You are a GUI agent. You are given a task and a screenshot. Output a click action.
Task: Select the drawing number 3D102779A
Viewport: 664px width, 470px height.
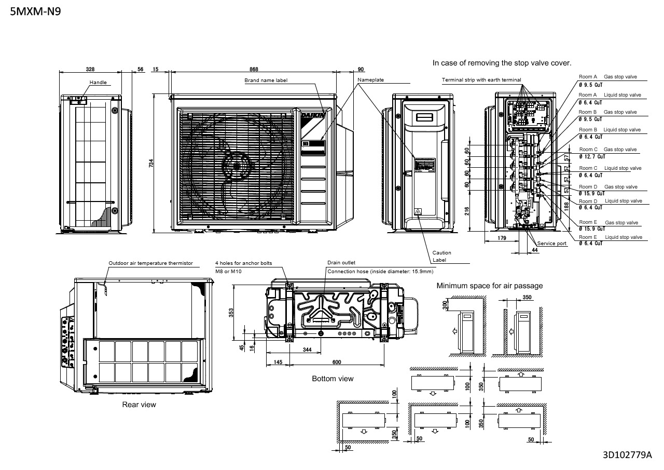[627, 455]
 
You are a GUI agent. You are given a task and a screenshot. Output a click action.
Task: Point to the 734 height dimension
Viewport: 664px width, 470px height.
[151, 163]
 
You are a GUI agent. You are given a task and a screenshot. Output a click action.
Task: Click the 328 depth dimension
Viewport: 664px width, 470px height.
[90, 69]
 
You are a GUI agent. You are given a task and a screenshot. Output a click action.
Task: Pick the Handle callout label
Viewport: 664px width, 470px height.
[98, 83]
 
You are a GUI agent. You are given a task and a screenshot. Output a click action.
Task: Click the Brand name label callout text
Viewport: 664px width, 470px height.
[266, 80]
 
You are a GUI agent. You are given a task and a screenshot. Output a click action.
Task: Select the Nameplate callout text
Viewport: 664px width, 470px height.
[370, 80]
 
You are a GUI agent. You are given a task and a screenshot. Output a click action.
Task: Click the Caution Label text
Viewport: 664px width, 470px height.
[441, 257]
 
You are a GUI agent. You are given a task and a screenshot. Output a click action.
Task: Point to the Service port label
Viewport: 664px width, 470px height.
[552, 243]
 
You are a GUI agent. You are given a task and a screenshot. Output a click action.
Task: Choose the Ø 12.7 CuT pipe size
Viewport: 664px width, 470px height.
[592, 156]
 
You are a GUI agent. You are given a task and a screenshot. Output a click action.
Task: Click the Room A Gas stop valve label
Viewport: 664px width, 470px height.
[607, 77]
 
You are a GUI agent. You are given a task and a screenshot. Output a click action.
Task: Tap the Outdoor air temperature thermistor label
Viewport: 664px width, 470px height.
[150, 263]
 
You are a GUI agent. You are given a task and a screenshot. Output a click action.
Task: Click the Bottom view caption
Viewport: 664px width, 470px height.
[333, 379]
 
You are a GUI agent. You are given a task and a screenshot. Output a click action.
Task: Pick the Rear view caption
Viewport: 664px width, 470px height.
[139, 404]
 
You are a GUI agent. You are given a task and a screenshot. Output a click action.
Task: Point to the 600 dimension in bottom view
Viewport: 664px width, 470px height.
[336, 362]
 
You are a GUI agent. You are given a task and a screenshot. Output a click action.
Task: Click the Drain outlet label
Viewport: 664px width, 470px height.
[341, 263]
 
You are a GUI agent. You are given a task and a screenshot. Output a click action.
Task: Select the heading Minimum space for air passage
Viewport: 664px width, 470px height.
[489, 286]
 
